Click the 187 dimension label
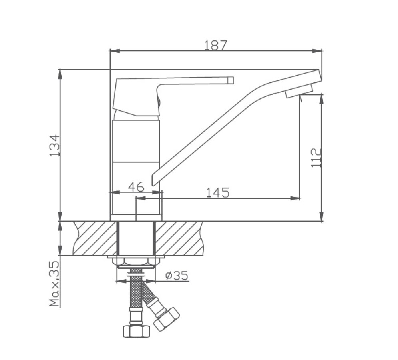pyautogui.click(x=215, y=46)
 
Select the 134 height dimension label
pyautogui.click(x=54, y=145)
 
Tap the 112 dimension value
pyautogui.click(x=316, y=158)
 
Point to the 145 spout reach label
pyautogui.click(x=217, y=192)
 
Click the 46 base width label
pyautogui.click(x=136, y=187)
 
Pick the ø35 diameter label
pyautogui.click(x=177, y=275)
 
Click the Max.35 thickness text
pyautogui.click(x=54, y=284)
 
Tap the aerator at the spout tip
pyautogui.click(x=299, y=91)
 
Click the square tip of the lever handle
pyautogui.click(x=231, y=80)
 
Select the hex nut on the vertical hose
pyautogui.click(x=137, y=331)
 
